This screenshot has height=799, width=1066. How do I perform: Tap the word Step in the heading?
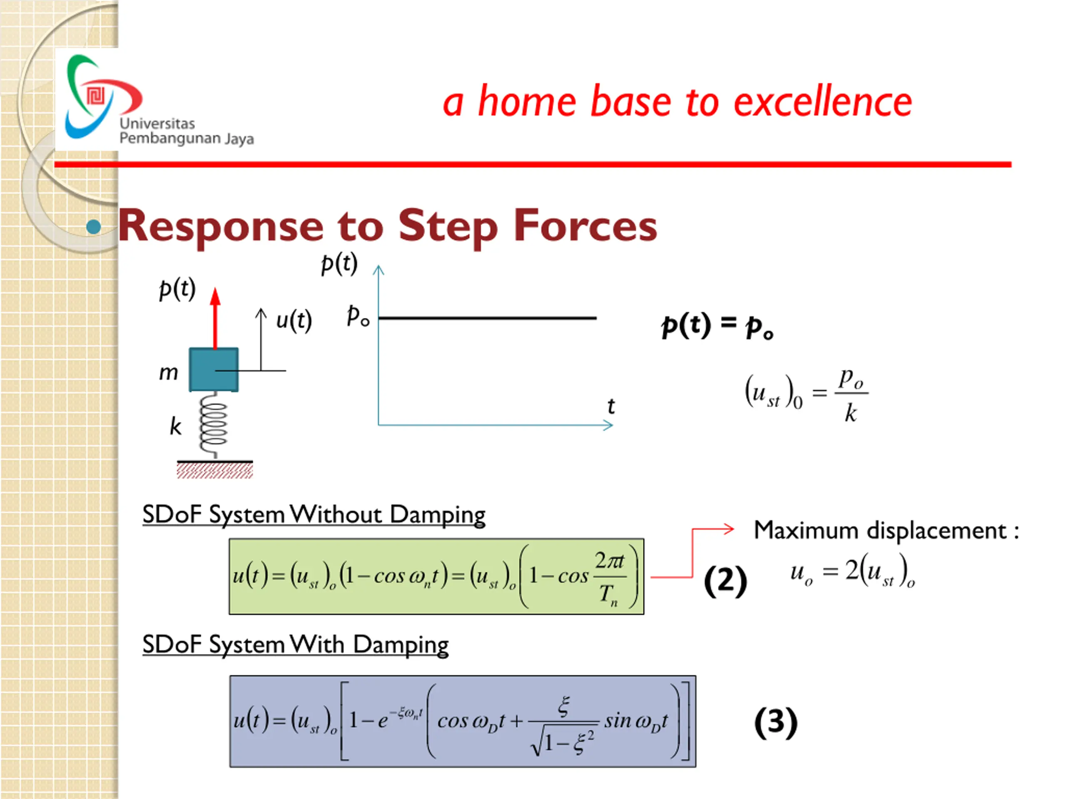(448, 226)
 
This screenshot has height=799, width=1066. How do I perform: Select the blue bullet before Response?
(94, 227)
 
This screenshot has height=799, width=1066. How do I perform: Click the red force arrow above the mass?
(215, 318)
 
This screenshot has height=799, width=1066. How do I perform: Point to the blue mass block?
(214, 370)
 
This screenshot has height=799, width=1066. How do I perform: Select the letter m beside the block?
(169, 373)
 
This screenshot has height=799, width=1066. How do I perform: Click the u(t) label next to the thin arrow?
(294, 321)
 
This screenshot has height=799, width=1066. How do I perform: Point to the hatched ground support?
(215, 469)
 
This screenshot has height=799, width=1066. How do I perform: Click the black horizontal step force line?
(487, 318)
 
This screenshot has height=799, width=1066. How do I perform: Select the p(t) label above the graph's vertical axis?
(339, 263)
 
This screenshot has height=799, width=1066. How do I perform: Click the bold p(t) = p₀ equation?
(717, 326)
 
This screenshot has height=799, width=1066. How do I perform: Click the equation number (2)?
(725, 581)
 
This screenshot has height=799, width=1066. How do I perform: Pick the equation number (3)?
(775, 722)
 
